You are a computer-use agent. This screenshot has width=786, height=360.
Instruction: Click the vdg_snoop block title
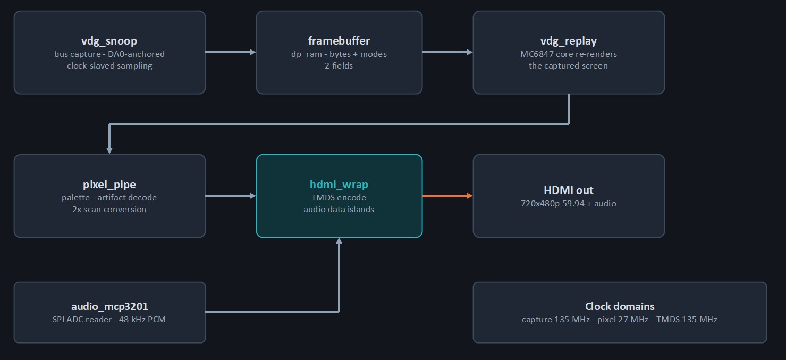pyautogui.click(x=109, y=41)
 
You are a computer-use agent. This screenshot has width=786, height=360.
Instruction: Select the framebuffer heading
pyautogui.click(x=339, y=41)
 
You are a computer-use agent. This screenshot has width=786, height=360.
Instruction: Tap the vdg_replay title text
pyautogui.click(x=569, y=41)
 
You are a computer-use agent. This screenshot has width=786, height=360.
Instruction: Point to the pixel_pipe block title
pyautogui.click(x=109, y=185)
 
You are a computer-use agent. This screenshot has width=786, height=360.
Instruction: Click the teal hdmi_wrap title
pyautogui.click(x=339, y=185)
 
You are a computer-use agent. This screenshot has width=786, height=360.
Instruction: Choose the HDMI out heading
pyautogui.click(x=569, y=190)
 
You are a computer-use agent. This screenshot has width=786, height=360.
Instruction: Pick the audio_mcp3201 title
pyautogui.click(x=109, y=307)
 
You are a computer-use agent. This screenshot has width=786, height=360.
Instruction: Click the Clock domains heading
pyautogui.click(x=620, y=306)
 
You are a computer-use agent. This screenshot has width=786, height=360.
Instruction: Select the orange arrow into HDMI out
pyautogui.click(x=448, y=196)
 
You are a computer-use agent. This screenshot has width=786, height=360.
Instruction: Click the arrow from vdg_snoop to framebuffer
pyautogui.click(x=231, y=52)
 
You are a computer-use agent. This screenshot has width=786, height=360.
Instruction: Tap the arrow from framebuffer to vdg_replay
pyautogui.click(x=448, y=52)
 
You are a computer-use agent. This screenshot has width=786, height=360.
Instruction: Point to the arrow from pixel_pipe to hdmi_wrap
pyautogui.click(x=231, y=196)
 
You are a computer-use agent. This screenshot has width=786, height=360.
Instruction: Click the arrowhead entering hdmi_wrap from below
pyautogui.click(x=339, y=241)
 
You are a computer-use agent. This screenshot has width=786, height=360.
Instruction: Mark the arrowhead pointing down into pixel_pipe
pyautogui.click(x=109, y=150)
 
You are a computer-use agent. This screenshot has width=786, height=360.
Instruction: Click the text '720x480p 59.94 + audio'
pyautogui.click(x=569, y=204)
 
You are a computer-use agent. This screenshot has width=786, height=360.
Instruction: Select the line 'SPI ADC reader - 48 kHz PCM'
pyautogui.click(x=109, y=320)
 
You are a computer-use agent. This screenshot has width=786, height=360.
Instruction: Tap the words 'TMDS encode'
pyautogui.click(x=339, y=198)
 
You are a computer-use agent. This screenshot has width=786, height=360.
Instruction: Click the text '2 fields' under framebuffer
pyautogui.click(x=339, y=66)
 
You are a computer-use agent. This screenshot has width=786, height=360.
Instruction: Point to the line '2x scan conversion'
pyautogui.click(x=109, y=210)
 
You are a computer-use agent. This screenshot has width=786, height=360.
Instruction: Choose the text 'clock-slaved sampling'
pyautogui.click(x=109, y=66)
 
